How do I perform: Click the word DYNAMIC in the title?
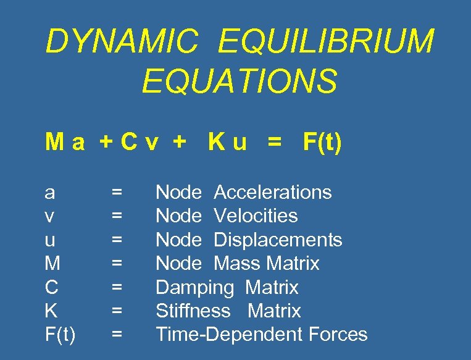(x=122, y=42)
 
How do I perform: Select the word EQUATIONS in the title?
(x=240, y=82)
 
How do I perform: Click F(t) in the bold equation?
(x=322, y=143)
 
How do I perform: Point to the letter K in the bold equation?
(x=215, y=143)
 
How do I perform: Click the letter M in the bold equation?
(x=53, y=143)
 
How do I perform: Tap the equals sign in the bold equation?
(x=273, y=143)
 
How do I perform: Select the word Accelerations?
(x=272, y=193)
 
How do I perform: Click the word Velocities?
(x=256, y=216)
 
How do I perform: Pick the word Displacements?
(x=278, y=240)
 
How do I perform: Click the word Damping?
(x=194, y=288)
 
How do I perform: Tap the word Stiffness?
(x=193, y=311)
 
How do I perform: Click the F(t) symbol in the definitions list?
(x=60, y=335)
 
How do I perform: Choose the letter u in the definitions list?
(x=50, y=240)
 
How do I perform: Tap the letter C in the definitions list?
(x=52, y=287)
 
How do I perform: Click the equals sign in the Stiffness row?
(x=116, y=311)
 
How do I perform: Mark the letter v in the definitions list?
(x=50, y=217)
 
